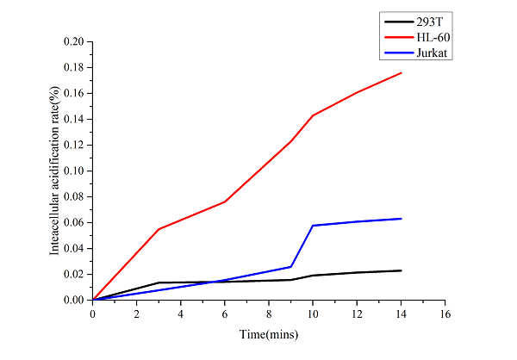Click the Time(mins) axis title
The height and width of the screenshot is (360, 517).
click(x=269, y=332)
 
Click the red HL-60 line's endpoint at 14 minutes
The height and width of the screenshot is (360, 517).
click(x=401, y=72)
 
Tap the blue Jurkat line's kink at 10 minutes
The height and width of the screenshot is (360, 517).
click(x=313, y=226)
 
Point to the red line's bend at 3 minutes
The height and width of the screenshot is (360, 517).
click(x=159, y=229)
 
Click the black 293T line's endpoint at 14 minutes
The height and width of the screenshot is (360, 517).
click(x=401, y=270)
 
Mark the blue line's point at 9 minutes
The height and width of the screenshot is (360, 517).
click(x=291, y=266)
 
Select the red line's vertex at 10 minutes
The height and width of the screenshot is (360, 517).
click(x=313, y=115)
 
